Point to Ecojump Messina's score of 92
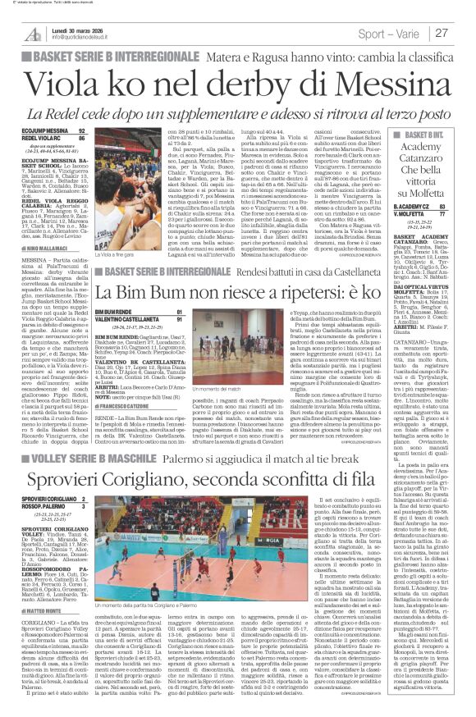(80, 130)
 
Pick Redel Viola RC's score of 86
(80, 138)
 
